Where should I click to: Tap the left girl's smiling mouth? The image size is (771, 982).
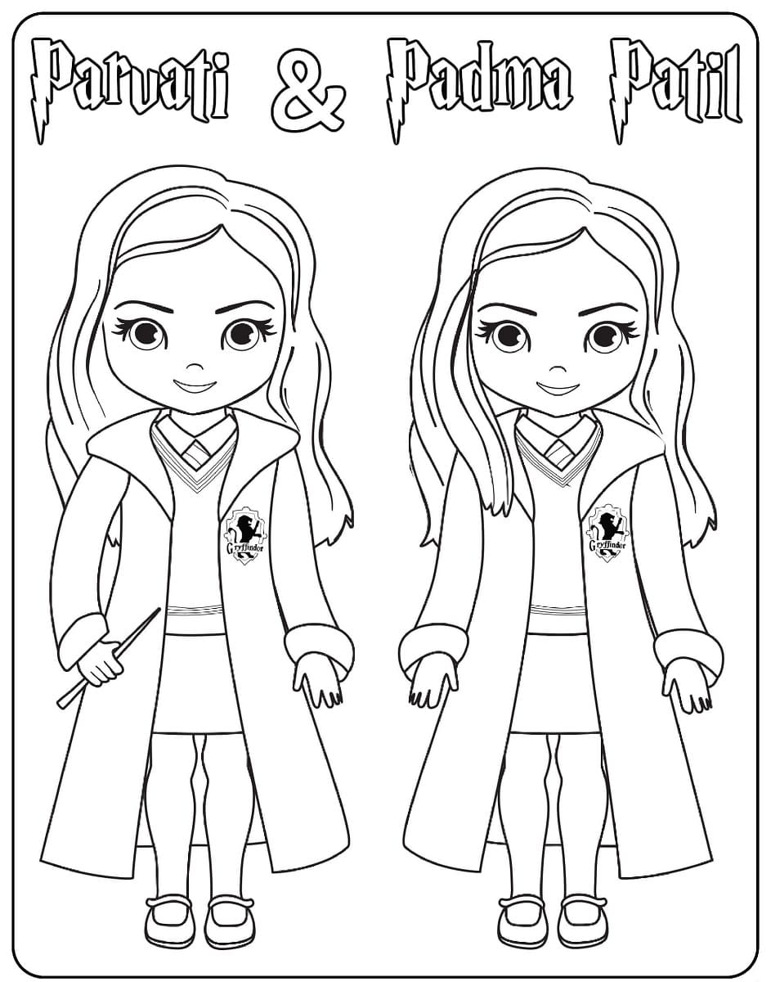195,387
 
